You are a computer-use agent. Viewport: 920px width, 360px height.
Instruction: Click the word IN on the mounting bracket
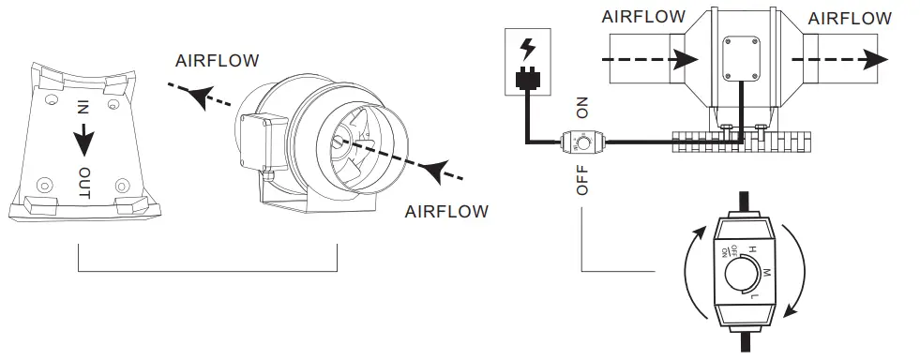83,108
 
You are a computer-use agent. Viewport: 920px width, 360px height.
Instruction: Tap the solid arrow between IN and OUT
83,141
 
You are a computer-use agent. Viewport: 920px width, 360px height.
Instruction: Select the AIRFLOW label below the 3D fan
446,211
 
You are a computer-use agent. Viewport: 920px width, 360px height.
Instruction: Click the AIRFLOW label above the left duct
644,17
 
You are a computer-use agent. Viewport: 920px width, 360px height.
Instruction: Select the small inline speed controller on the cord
581,143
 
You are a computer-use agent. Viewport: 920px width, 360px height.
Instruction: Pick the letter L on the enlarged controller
754,297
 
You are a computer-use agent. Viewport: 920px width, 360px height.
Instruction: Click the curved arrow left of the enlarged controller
692,272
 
